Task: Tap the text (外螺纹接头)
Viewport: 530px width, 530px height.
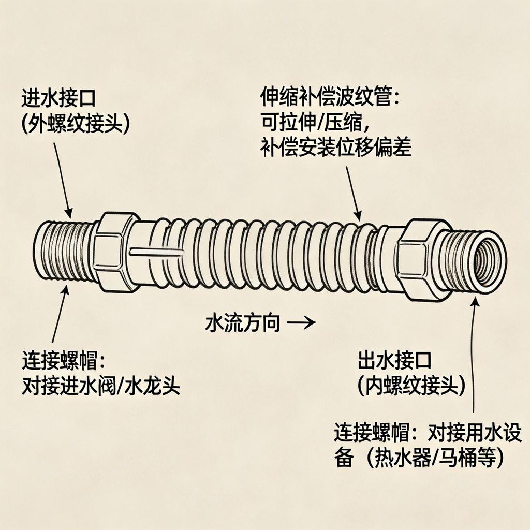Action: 76,124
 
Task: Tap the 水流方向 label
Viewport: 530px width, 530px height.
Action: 243,324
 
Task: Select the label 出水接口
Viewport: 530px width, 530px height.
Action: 394,359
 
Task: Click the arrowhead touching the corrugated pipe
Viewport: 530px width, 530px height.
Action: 358,215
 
